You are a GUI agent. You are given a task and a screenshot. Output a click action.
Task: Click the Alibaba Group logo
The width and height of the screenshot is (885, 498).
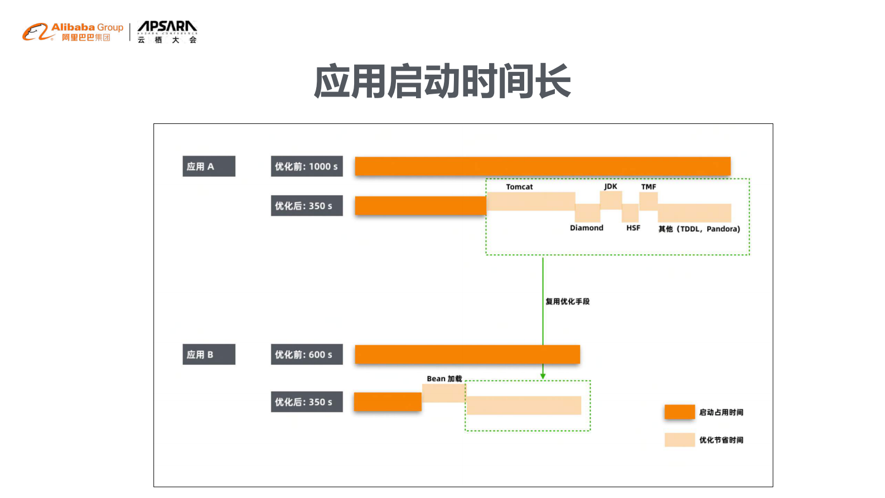tap(72, 32)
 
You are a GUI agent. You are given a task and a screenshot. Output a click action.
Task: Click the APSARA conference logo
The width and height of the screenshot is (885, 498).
tap(167, 32)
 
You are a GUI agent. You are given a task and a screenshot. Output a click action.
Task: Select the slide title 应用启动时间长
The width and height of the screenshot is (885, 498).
tap(442, 81)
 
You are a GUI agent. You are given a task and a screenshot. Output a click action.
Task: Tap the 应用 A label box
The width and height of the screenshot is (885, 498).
tap(209, 166)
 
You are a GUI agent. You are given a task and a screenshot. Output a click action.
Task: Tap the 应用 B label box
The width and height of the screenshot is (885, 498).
tap(209, 355)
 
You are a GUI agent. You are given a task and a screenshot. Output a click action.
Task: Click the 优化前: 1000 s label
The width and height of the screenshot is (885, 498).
tap(307, 166)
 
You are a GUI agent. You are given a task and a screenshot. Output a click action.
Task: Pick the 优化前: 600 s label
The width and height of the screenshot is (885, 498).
tap(307, 355)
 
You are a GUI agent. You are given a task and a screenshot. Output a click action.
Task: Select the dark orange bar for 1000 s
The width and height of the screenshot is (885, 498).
tap(543, 166)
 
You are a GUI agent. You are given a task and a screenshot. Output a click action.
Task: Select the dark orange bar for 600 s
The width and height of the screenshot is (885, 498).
tap(467, 355)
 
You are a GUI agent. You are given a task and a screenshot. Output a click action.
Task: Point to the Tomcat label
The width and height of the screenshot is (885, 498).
tap(519, 187)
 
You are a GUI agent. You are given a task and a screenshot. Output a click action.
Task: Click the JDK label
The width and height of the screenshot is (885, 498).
tap(611, 186)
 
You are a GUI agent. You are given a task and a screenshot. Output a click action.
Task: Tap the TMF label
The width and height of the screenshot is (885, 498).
tap(649, 187)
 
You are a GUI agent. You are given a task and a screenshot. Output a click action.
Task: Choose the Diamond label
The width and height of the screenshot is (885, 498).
tap(587, 228)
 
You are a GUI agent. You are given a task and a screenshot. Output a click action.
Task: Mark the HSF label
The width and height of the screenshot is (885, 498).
tap(633, 228)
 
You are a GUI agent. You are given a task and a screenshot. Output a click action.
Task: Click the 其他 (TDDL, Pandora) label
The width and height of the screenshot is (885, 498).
tap(699, 229)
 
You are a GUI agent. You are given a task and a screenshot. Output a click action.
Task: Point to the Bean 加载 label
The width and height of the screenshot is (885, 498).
tap(444, 379)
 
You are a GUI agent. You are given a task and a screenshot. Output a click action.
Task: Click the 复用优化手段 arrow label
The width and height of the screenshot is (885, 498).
tap(567, 302)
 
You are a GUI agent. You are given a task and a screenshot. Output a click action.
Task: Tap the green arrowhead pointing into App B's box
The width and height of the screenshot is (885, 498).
tap(543, 376)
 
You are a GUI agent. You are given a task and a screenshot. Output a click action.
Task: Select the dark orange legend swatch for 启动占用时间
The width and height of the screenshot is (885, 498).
tap(679, 412)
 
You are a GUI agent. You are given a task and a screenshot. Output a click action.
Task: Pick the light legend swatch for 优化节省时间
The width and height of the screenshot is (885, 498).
tap(679, 440)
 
